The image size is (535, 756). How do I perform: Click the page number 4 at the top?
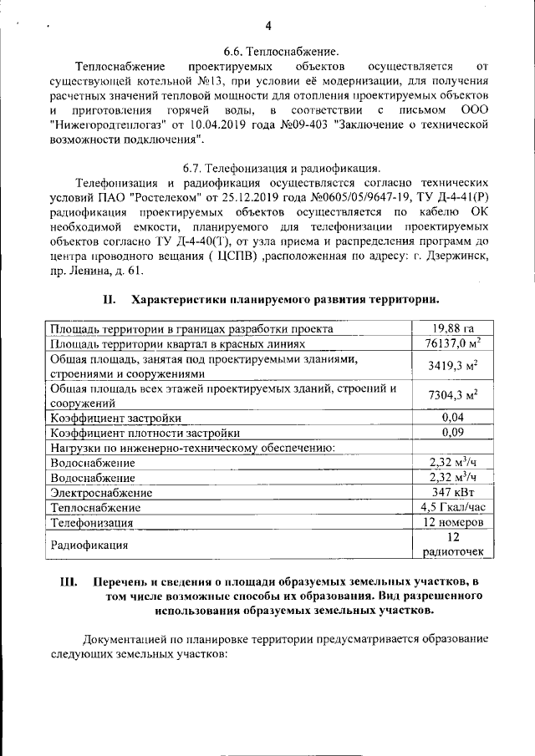tap(268, 24)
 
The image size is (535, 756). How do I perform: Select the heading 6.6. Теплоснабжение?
tap(281, 52)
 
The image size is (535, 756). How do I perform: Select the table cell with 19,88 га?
tap(452, 328)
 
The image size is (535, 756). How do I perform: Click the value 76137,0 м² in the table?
tap(452, 343)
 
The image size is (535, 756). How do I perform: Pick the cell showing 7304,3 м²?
tap(452, 395)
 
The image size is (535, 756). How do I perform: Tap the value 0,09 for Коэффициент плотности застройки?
tap(452, 432)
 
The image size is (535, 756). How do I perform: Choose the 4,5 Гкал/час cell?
tap(452, 506)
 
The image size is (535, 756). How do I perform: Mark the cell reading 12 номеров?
tap(452, 522)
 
